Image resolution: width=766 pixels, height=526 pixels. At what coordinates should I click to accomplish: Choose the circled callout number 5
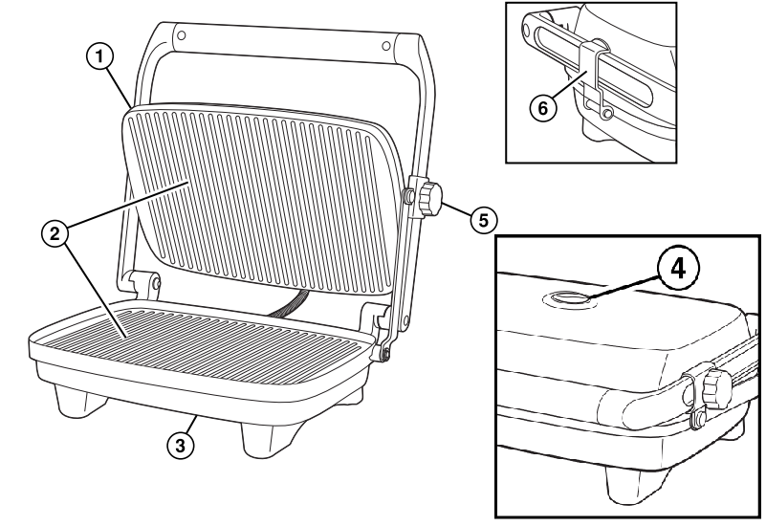[483, 219]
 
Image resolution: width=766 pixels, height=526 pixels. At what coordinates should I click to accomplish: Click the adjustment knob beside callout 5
[431, 197]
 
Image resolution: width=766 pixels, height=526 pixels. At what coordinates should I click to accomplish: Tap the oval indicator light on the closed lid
[568, 299]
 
